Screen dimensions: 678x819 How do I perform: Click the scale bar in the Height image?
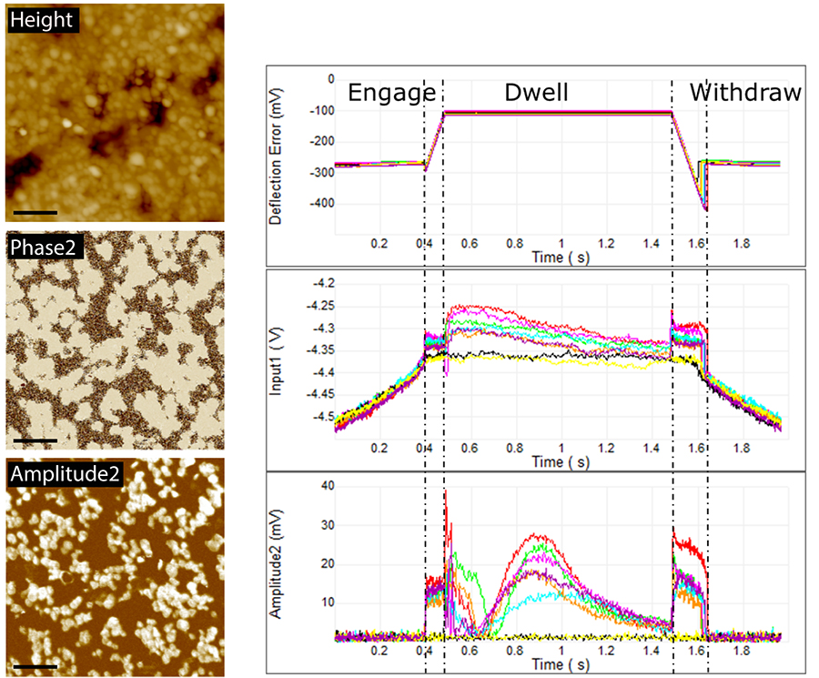click(x=36, y=212)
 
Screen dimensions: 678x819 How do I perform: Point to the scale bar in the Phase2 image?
click(x=36, y=440)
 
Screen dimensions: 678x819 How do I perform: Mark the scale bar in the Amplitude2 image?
click(x=36, y=666)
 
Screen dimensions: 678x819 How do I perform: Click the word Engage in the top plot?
click(x=386, y=92)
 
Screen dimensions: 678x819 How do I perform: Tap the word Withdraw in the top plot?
click(x=745, y=92)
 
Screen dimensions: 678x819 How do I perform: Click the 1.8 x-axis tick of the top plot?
click(x=742, y=244)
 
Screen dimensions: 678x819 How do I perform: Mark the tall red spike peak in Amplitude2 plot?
click(x=446, y=491)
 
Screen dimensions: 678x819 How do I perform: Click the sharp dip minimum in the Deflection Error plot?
click(x=705, y=211)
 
